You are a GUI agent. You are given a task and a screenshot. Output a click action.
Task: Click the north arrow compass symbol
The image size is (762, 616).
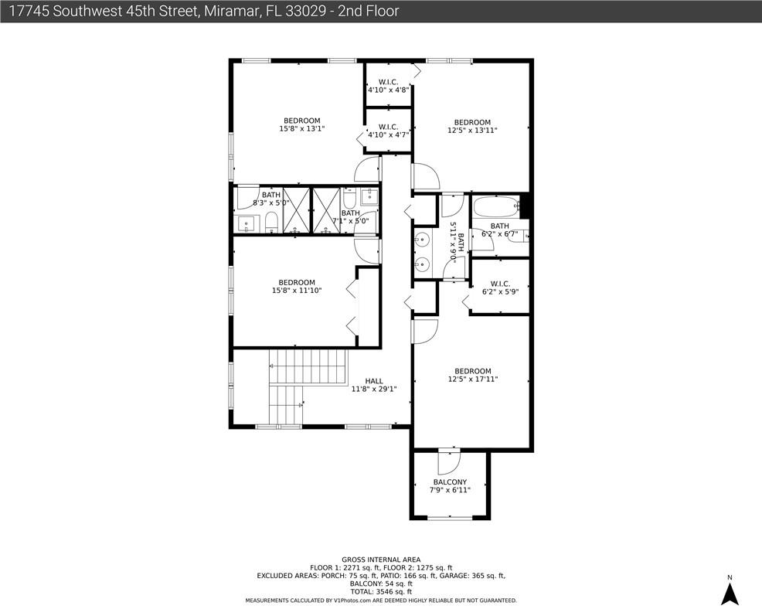pos(730,594)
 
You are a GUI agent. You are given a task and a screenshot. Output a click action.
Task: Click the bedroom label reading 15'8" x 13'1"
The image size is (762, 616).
pos(302,125)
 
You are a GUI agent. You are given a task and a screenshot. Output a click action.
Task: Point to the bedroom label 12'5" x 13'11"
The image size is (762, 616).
pos(472,127)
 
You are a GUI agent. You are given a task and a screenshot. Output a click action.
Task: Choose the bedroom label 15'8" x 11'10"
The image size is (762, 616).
pos(297,287)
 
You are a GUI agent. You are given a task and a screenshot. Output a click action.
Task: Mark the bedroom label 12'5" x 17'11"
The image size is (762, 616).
pos(473,375)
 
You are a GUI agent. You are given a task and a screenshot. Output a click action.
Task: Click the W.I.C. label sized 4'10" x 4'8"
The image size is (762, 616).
pos(388,86)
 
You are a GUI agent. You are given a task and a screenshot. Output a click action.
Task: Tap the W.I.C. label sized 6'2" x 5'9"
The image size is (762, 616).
pos(500,288)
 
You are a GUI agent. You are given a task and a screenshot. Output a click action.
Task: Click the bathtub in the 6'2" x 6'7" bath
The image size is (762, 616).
pos(496,207)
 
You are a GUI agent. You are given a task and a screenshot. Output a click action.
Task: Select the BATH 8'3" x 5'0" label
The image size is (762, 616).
pos(271,199)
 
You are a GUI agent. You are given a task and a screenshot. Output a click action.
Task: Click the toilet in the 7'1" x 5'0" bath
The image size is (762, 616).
pos(349,199)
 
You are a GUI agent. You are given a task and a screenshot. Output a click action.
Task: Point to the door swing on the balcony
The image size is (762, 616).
pos(448,463)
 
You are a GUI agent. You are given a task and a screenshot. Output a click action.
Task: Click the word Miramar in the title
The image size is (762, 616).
pos(230,11)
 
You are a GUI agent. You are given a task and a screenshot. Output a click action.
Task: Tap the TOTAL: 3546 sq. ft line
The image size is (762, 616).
pos(381,592)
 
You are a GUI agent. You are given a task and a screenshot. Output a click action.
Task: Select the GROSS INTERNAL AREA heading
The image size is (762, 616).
pos(381,560)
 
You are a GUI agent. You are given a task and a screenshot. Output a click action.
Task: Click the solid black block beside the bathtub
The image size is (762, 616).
pos(525,206)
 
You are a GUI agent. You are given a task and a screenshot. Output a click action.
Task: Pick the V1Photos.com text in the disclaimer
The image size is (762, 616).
pos(352,601)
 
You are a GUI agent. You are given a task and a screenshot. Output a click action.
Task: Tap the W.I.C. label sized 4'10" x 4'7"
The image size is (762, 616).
pos(388,131)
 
